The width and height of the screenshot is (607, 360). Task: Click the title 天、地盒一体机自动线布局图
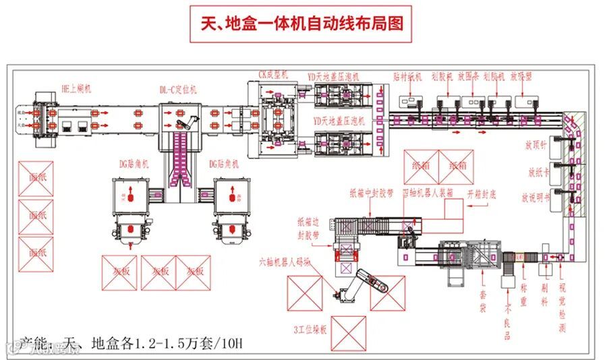pyautogui.click(x=303, y=24)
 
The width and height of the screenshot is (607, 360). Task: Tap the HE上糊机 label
pyautogui.click(x=76, y=88)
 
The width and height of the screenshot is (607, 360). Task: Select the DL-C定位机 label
pyautogui.click(x=178, y=89)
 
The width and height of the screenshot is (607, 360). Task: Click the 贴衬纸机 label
pyautogui.click(x=407, y=77)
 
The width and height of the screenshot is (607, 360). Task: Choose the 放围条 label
pyautogui.click(x=467, y=77)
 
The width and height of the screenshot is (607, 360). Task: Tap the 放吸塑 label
pyautogui.click(x=522, y=77)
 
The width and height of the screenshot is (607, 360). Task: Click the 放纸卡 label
pyautogui.click(x=539, y=172)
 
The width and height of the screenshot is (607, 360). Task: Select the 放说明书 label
pyautogui.click(x=536, y=198)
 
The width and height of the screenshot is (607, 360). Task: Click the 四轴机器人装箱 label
pyautogui.click(x=427, y=193)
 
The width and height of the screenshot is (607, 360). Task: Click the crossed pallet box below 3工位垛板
pyautogui.click(x=349, y=333)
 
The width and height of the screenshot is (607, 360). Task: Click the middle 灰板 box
pyautogui.click(x=159, y=271)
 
